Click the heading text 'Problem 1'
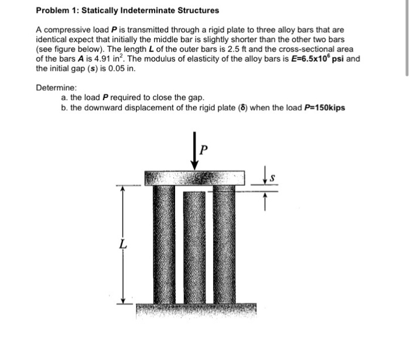click(x=58, y=11)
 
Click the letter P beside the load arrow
click(x=203, y=148)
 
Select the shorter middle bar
click(x=194, y=246)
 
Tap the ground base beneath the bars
click(x=193, y=310)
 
